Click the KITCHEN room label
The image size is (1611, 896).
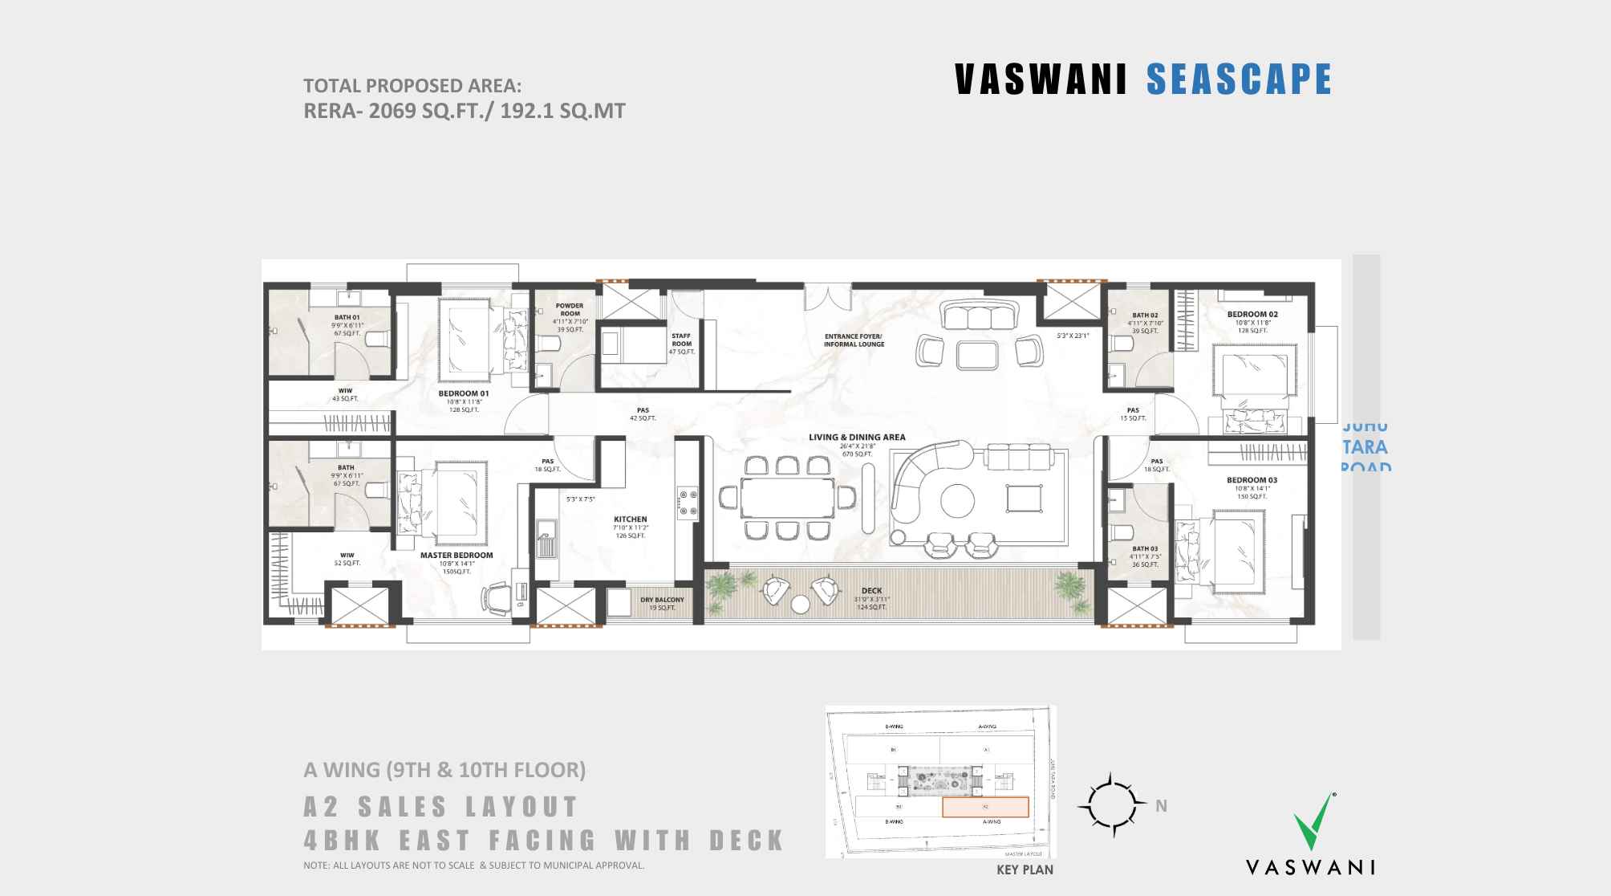(630, 519)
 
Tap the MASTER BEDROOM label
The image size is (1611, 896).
(457, 555)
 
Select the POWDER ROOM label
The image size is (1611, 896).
(570, 310)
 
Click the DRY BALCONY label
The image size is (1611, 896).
(662, 600)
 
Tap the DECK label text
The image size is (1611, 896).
(871, 591)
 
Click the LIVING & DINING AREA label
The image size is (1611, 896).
(857, 438)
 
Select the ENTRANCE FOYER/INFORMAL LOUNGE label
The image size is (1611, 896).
(854, 340)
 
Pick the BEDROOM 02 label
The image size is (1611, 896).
(1252, 315)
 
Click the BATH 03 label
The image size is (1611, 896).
(1145, 548)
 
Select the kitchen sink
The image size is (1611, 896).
(549, 539)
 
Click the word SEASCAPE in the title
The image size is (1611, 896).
(1239, 79)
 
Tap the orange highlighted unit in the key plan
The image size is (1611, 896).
(984, 807)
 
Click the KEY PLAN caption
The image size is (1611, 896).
(1025, 870)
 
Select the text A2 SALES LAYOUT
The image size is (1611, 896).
(441, 806)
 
